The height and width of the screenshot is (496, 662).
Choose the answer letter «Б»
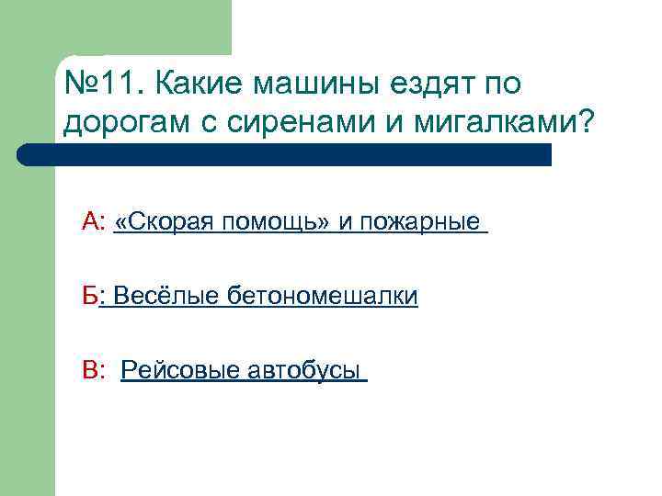click(88, 296)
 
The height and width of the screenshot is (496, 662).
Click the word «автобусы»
click(302, 370)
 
